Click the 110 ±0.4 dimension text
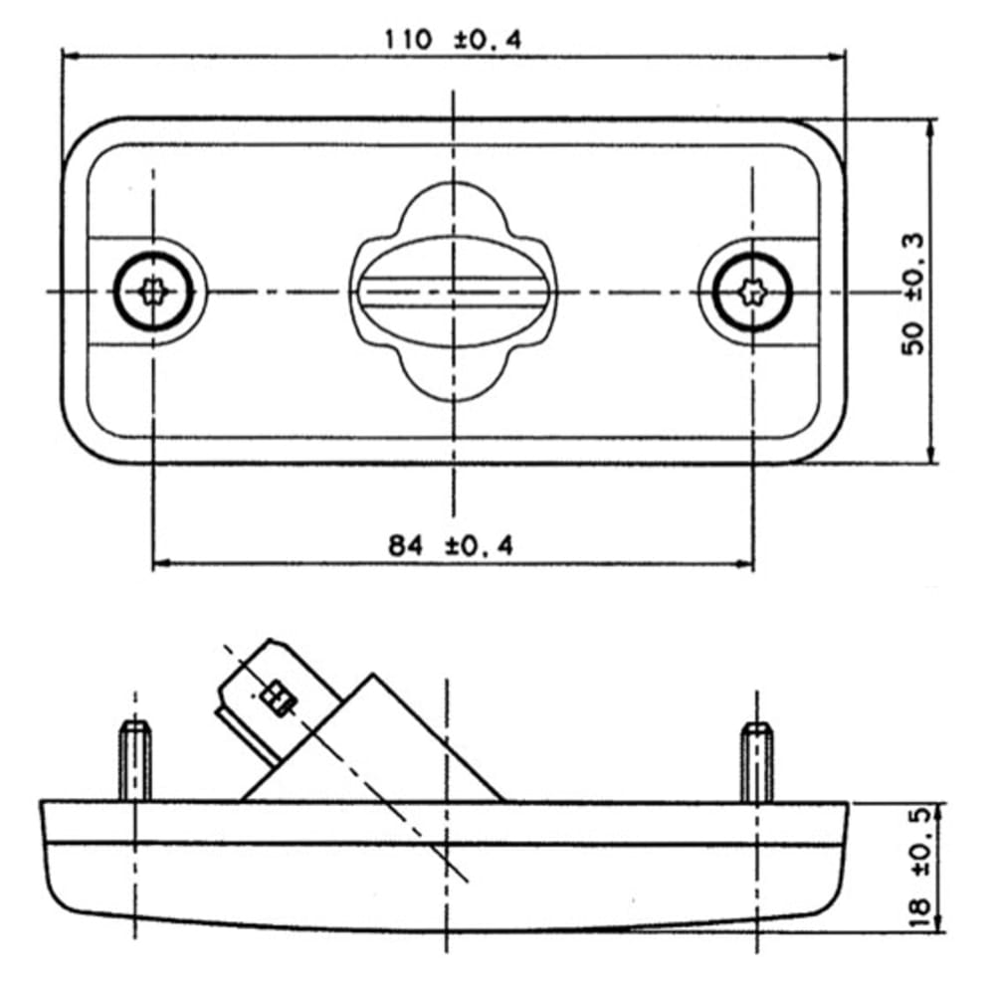[453, 41]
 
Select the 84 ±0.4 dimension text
[451, 545]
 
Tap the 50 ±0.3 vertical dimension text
[913, 294]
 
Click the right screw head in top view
[753, 293]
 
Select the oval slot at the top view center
[453, 293]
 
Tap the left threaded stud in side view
[135, 761]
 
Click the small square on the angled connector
[278, 698]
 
